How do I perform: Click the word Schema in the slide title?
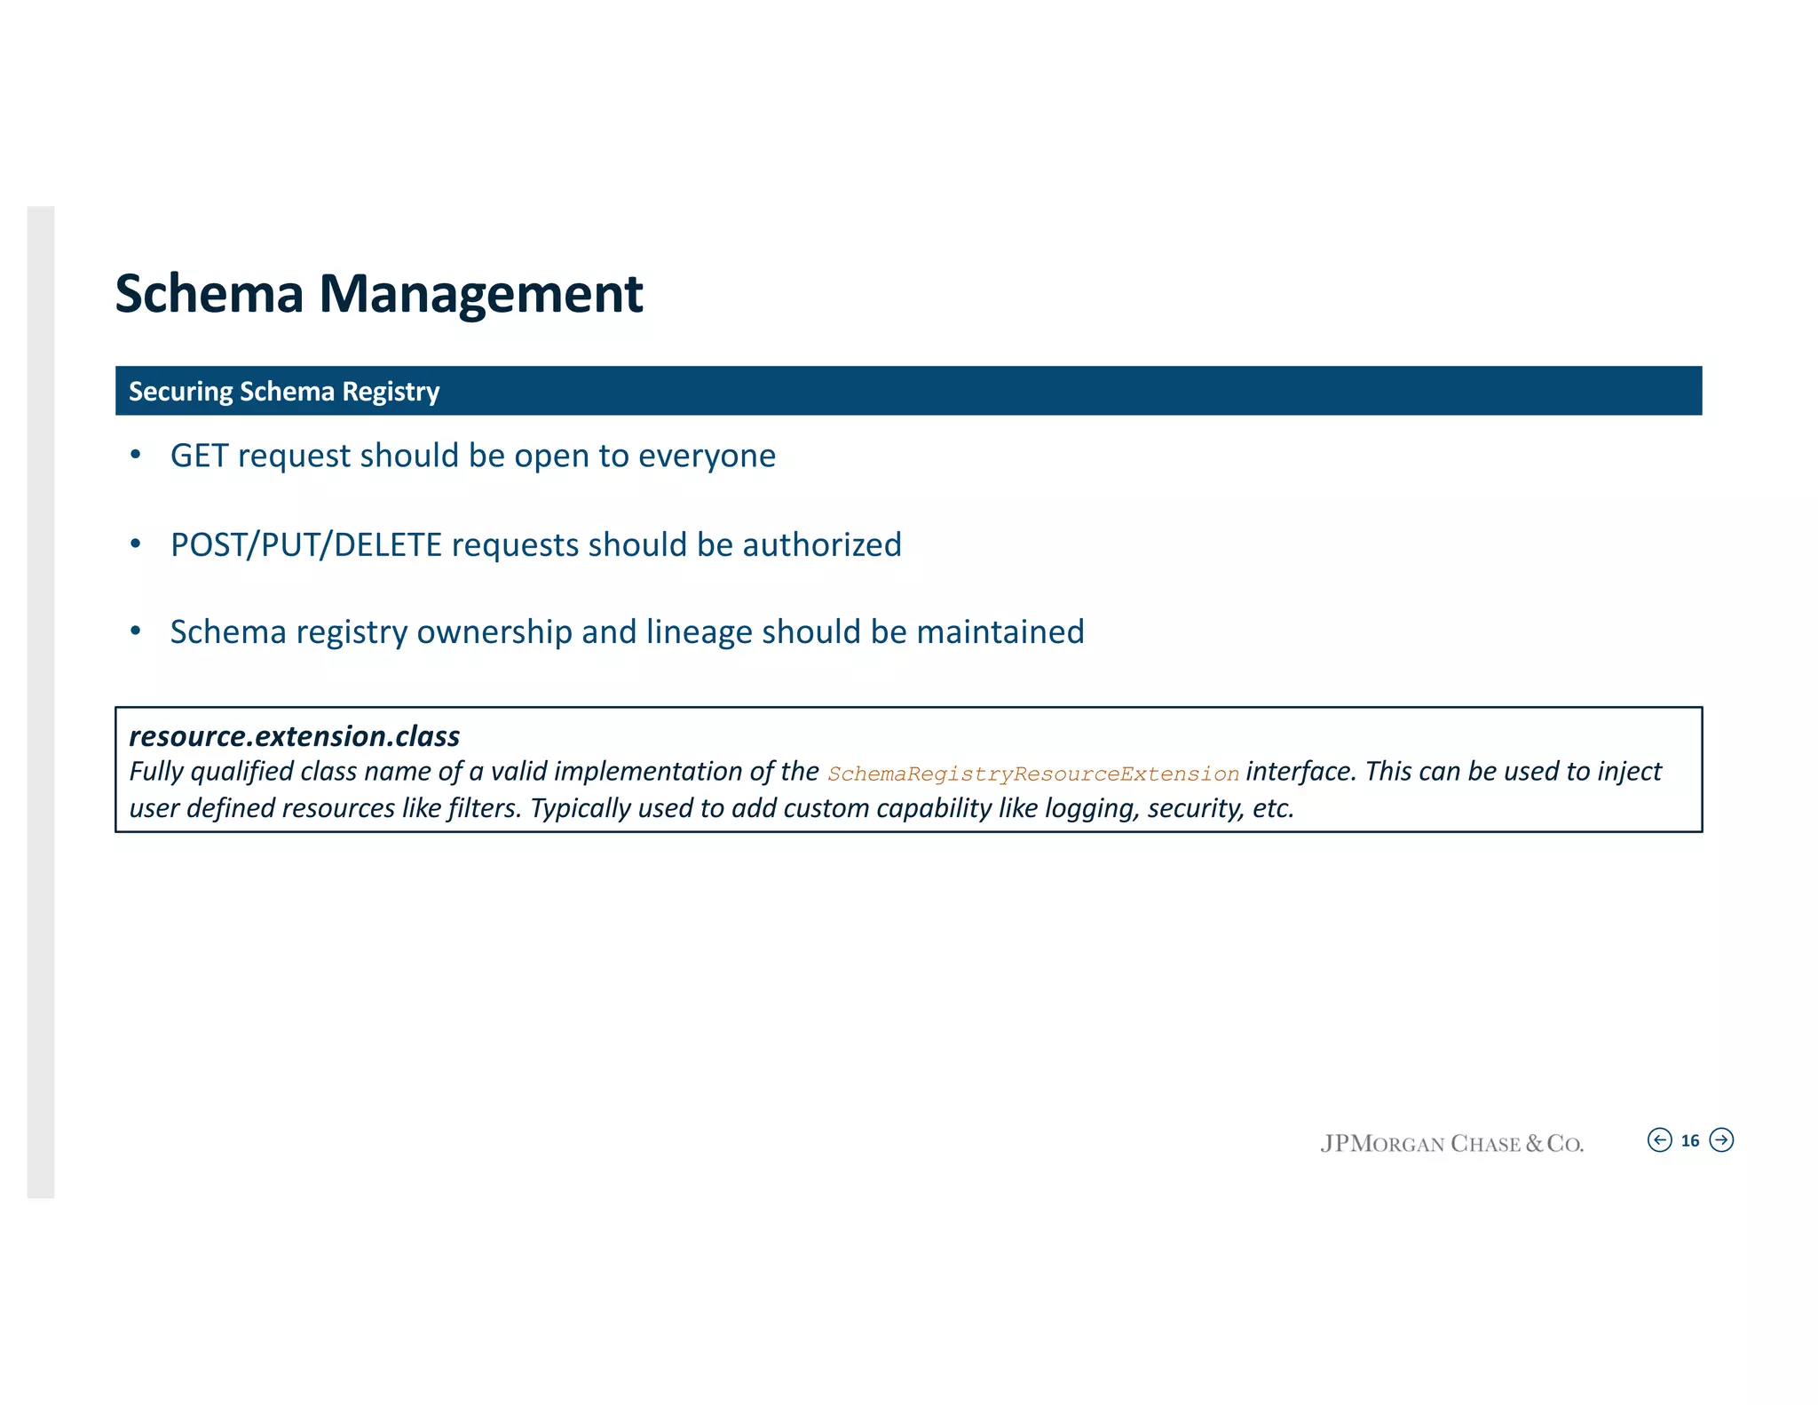209,294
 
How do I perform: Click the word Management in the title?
480,294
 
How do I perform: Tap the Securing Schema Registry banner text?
284,392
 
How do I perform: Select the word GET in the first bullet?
199,456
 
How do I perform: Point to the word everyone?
707,456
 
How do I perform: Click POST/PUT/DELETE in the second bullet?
305,544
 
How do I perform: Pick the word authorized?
822,544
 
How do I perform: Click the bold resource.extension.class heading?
295,736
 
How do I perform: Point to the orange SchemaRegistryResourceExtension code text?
1033,774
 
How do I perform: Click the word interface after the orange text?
1301,772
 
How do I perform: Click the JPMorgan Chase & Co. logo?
1451,1143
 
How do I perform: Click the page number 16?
1690,1141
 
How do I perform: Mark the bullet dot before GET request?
136,456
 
